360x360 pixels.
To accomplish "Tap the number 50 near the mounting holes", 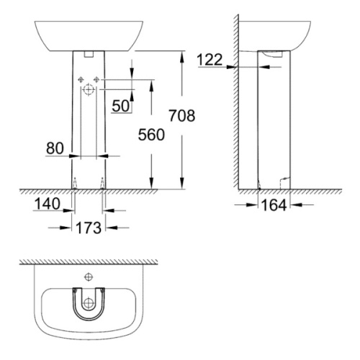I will pyautogui.click(x=120, y=106).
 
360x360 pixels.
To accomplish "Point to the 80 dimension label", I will pyautogui.click(x=55, y=149).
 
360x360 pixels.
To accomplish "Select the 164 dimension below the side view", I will pyautogui.click(x=275, y=205).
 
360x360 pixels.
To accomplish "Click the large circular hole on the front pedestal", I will pyautogui.click(x=89, y=91).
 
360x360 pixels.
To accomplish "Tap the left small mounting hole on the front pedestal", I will pyautogui.click(x=81, y=79).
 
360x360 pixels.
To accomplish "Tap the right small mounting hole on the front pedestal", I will pyautogui.click(x=96, y=79).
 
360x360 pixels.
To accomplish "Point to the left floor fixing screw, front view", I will pyautogui.click(x=73, y=183).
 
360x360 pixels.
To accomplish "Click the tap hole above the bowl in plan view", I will pyautogui.click(x=89, y=276).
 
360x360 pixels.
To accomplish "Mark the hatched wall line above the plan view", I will pyautogui.click(x=88, y=261).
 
